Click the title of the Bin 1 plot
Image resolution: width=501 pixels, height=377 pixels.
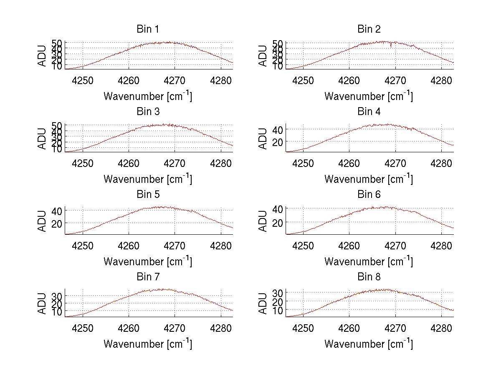tap(147, 29)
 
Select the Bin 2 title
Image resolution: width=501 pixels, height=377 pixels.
tap(369, 29)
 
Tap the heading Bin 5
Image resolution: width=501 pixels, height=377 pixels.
tap(147, 194)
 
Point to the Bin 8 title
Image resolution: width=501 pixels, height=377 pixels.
tap(369, 277)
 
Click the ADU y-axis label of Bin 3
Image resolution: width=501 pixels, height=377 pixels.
tap(43, 138)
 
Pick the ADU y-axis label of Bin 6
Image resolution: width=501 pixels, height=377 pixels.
tap(263, 221)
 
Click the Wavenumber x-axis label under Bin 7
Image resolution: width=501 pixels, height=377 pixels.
tap(147, 344)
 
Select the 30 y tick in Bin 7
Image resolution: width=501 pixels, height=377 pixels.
tap(56, 296)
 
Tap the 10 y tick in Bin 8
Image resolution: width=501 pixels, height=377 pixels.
tap(277, 310)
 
